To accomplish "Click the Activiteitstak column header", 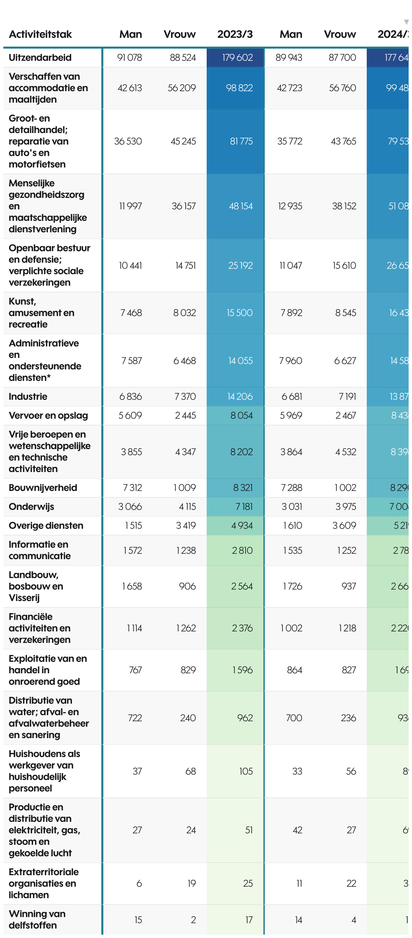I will pos(40,34).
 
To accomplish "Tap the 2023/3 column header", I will pos(235,34).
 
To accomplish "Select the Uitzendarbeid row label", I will pos(40,57).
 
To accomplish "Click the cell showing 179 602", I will pos(237,57).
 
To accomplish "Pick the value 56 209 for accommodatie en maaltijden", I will pos(181,88).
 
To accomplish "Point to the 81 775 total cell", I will pos(241,141).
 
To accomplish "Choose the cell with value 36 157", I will pos(184,206).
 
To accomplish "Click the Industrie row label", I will pos(28,396).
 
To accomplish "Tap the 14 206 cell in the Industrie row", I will pos(240,396).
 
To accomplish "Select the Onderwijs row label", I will pos(31,506).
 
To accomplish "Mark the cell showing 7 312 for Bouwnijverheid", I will pos(132,488).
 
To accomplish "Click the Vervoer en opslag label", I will pos(48,415).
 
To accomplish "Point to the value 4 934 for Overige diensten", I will pos(241,525).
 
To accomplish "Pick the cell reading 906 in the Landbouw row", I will pos(187,586).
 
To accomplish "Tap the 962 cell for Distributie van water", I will pos(245,718).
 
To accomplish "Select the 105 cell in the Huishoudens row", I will pos(246,771).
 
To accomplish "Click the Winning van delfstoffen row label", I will pos(37,919).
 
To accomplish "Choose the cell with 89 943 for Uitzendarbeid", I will pos(288,57).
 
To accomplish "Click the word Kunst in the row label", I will pos(22,302).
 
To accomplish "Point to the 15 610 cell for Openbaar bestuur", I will pos(344,265).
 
